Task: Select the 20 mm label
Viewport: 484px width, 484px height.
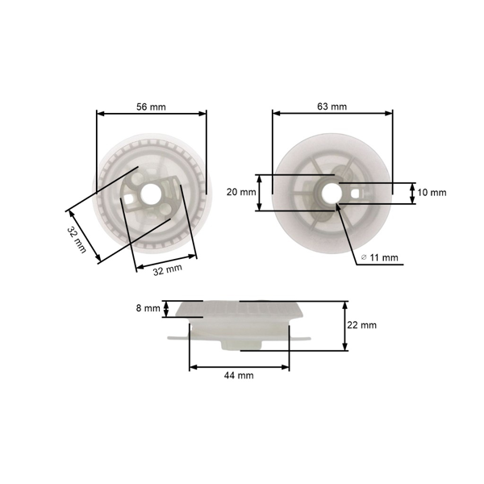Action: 241,192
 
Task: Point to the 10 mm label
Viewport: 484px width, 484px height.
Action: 432,193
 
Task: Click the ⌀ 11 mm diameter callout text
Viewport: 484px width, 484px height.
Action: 380,257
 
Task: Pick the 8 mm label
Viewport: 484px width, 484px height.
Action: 148,308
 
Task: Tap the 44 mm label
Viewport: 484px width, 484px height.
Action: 238,376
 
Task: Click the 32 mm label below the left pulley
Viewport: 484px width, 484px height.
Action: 168,270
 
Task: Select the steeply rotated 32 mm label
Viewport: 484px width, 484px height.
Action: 76,240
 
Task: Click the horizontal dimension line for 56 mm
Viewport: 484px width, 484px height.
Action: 152,115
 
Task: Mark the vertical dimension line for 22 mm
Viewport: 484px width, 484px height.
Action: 344,326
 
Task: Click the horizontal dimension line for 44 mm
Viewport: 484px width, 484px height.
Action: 239,367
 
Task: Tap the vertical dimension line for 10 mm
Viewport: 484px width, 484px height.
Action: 414,193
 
